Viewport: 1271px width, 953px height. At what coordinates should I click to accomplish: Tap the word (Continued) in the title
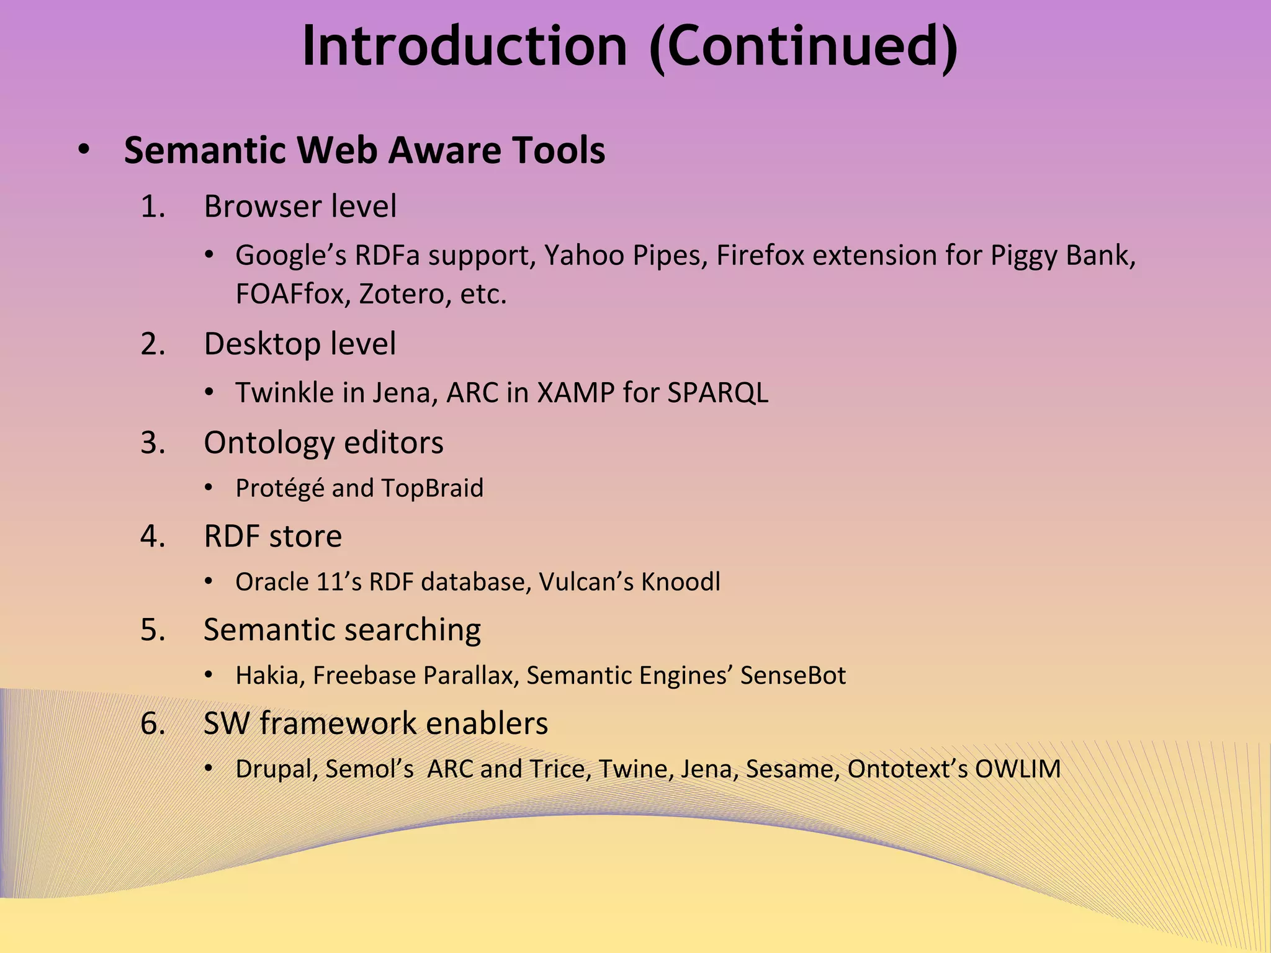(804, 47)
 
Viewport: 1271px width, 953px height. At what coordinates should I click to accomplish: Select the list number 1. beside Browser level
(153, 206)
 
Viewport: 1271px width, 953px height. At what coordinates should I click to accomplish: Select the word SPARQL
(717, 392)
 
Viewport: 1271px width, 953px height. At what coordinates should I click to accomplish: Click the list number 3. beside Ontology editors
(153, 442)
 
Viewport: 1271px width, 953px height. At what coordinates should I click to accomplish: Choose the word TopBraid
(432, 488)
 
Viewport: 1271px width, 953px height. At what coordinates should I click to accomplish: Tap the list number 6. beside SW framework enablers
(153, 723)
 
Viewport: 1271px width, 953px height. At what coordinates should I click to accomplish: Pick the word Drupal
(277, 769)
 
